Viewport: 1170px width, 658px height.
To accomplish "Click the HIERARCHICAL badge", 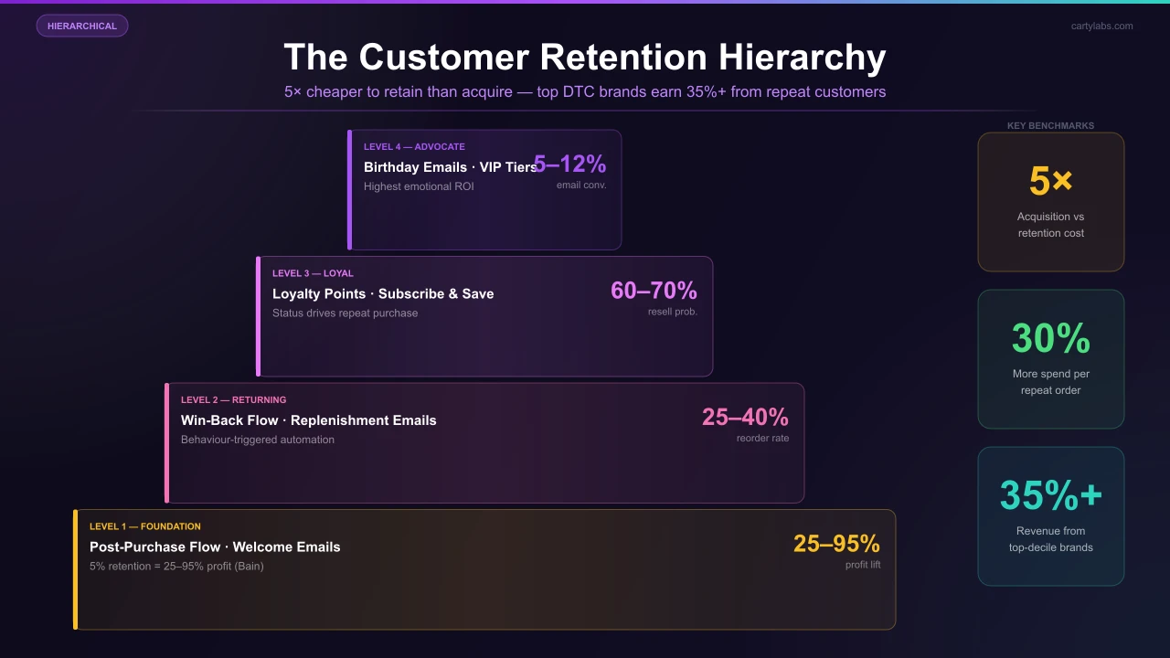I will [82, 26].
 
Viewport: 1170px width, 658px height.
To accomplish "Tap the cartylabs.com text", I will [1101, 26].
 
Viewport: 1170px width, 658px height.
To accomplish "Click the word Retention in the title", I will [622, 57].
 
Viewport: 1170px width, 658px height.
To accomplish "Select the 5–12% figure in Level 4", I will [570, 164].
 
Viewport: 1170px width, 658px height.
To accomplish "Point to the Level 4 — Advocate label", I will [414, 146].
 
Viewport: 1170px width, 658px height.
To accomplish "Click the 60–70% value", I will [654, 291].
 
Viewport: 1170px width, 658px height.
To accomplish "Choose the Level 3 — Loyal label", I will [313, 273].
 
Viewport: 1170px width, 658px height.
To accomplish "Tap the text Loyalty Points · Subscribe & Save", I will [383, 293].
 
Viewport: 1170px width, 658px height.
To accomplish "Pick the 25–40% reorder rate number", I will [745, 418].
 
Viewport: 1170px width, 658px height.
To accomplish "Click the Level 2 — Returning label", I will [233, 399].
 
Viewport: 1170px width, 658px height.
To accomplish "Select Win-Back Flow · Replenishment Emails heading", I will [309, 420].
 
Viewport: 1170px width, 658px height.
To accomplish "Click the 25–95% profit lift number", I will [836, 544].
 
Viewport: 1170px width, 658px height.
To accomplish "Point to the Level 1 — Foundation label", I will [145, 526].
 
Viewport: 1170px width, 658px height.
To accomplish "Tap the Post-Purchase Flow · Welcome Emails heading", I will [215, 547].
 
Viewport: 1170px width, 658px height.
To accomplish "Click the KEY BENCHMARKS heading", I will [1050, 126].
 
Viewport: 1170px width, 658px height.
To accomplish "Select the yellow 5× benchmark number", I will [1050, 181].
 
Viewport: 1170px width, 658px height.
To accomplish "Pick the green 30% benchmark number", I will [1050, 338].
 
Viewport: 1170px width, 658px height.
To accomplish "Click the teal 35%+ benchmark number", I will [1050, 495].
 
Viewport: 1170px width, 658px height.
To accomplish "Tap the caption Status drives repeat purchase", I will [345, 313].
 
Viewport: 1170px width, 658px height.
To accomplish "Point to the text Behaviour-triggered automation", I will [258, 440].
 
